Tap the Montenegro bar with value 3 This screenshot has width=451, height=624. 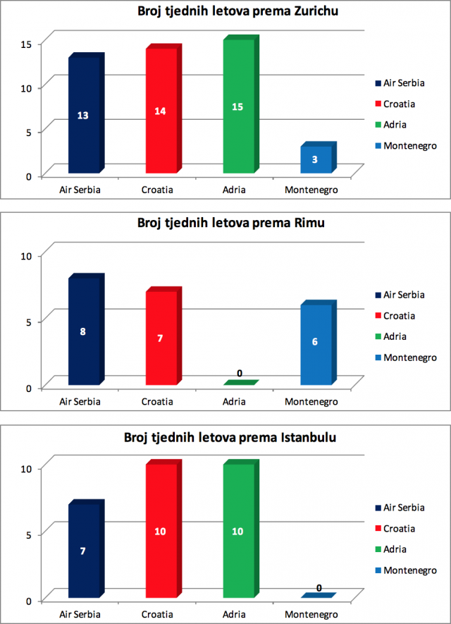(x=318, y=158)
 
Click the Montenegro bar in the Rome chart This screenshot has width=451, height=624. (x=318, y=343)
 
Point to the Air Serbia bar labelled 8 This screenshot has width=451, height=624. (x=86, y=329)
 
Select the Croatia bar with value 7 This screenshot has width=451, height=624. (x=163, y=336)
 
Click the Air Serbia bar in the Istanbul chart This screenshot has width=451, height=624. (x=86, y=549)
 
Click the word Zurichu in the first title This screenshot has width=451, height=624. (x=316, y=11)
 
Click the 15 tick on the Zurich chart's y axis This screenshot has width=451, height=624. (x=26, y=44)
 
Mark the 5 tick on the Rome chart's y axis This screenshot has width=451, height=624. (x=29, y=322)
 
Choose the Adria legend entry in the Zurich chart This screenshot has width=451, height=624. (x=391, y=125)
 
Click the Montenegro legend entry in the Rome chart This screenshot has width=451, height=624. (x=406, y=357)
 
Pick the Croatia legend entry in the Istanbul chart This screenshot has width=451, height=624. (x=395, y=529)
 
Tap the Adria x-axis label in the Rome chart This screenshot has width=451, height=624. (x=234, y=401)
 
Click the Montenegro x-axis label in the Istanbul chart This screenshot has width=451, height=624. (x=311, y=615)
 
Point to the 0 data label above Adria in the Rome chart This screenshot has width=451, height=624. (x=240, y=373)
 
